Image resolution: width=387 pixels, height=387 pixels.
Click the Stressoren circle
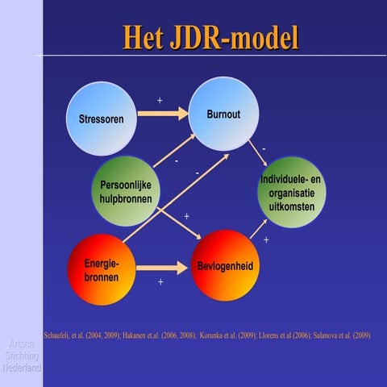[102, 119]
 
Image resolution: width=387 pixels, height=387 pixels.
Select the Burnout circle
[223, 114]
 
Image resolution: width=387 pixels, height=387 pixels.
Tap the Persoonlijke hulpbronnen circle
[125, 190]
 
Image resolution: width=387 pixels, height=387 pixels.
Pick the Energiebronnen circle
[101, 270]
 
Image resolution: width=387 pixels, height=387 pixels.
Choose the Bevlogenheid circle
[225, 265]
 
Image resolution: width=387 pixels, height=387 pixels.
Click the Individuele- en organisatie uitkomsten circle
[292, 193]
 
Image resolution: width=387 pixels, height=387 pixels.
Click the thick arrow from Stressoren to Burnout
[162, 113]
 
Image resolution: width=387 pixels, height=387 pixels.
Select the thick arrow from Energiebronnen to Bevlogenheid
[161, 267]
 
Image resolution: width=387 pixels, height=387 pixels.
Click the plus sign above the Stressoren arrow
[160, 101]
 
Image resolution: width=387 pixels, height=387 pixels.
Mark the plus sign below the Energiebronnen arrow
[160, 282]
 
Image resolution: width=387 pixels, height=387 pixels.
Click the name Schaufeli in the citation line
[59, 335]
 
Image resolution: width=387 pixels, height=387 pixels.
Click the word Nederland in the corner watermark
[22, 367]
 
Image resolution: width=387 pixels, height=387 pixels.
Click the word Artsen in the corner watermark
[22, 343]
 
